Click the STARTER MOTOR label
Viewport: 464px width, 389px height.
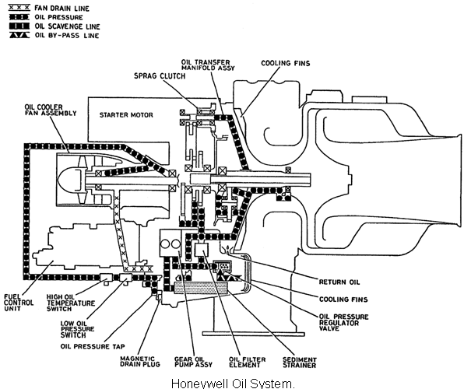click(126, 115)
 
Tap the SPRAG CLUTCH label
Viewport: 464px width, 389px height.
click(160, 76)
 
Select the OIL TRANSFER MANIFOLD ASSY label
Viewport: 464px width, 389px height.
click(208, 65)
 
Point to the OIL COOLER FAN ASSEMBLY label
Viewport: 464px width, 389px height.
click(51, 110)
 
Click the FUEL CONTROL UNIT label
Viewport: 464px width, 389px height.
click(19, 303)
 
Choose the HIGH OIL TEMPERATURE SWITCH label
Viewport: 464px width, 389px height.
click(71, 303)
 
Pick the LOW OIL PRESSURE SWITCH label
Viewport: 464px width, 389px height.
click(78, 329)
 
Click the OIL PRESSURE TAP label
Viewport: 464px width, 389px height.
click(93, 346)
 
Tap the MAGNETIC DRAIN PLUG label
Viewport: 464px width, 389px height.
click(140, 362)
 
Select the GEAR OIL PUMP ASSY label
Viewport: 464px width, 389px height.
click(193, 362)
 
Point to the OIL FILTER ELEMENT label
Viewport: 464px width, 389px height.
click(248, 362)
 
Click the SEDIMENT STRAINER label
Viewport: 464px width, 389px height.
click(300, 363)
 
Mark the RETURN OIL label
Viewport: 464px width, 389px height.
click(339, 282)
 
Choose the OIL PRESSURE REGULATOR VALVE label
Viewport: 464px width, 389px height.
click(343, 322)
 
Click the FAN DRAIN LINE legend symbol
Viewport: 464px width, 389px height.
click(19, 8)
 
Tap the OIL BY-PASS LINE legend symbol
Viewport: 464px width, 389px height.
click(19, 35)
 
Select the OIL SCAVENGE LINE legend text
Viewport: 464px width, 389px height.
click(67, 26)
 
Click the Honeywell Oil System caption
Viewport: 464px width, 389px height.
click(233, 384)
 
